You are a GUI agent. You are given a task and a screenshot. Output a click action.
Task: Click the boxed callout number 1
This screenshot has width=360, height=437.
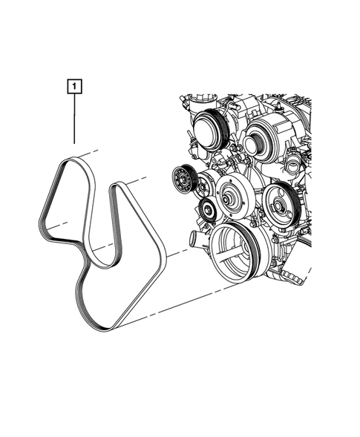coord(74,86)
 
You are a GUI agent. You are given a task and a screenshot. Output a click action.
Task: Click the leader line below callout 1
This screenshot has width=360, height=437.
coord(74,119)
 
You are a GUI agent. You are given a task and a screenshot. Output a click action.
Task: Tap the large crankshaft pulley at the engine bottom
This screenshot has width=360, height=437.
coord(235,253)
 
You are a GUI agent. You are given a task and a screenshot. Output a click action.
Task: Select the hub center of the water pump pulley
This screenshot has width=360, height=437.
coord(226,199)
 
